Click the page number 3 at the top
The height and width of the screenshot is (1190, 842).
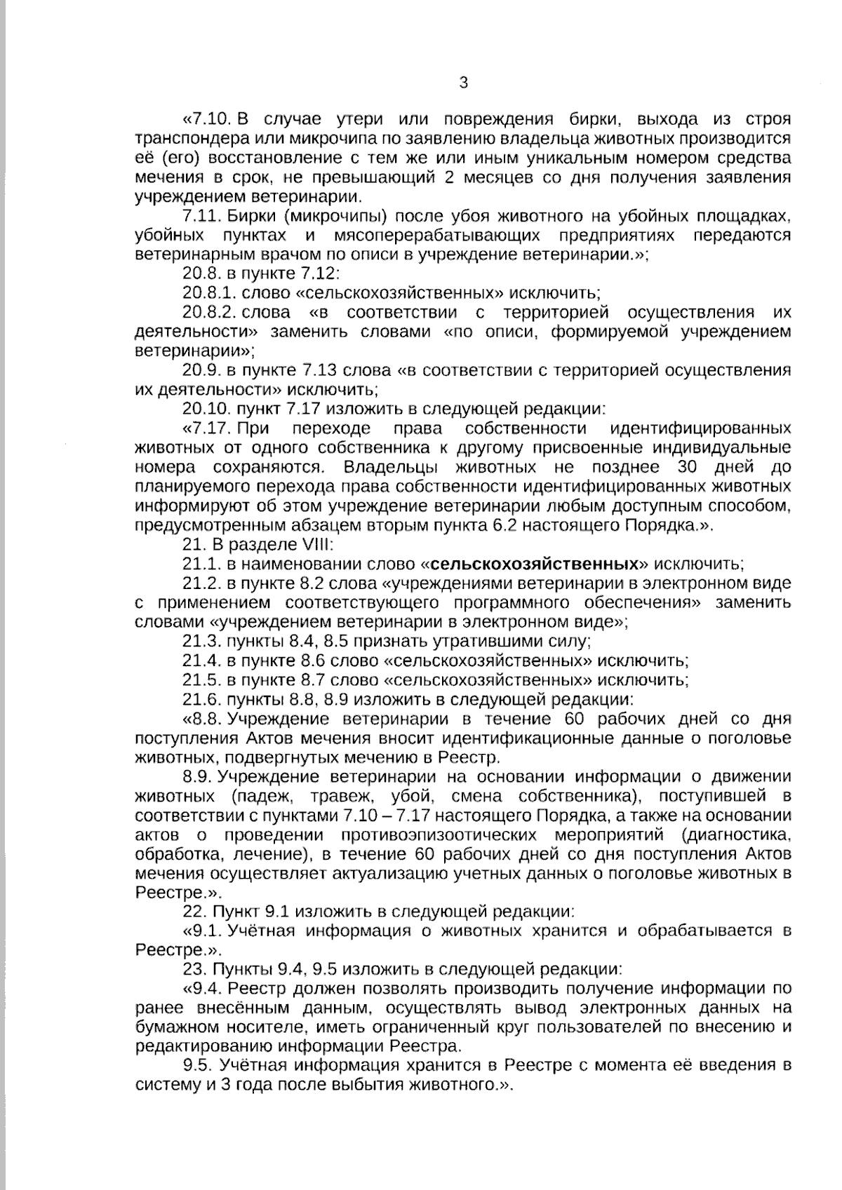[x=463, y=83]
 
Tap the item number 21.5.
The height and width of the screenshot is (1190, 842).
[x=201, y=680]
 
